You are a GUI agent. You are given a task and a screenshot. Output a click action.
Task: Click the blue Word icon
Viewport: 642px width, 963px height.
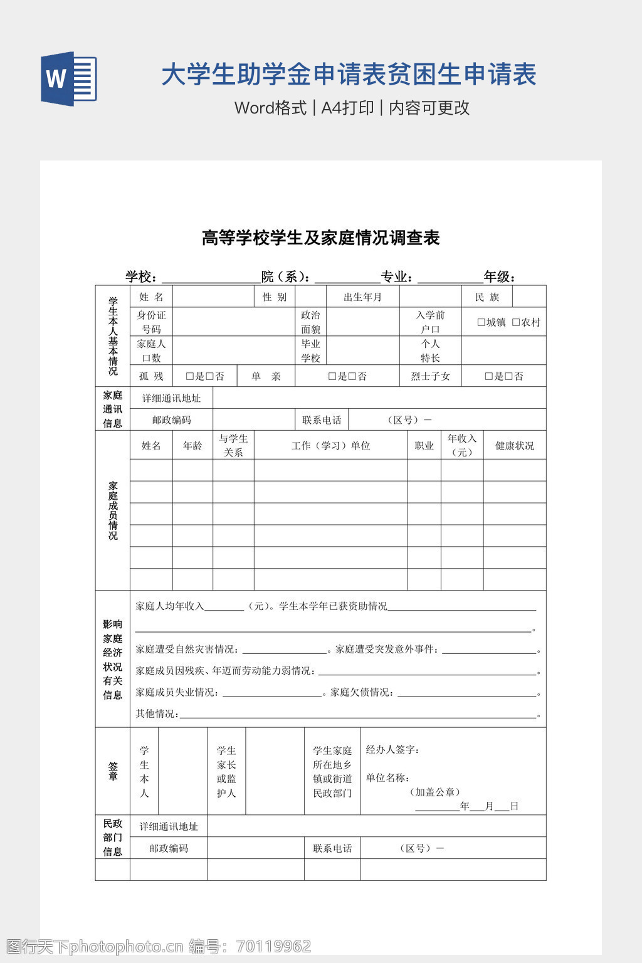(x=68, y=78)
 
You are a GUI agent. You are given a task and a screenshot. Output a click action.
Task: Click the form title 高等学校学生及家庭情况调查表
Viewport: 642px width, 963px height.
(x=320, y=238)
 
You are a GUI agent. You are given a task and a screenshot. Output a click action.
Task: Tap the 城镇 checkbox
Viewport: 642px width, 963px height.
(x=481, y=322)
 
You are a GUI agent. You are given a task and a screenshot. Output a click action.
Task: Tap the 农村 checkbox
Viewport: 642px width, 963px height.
(x=516, y=322)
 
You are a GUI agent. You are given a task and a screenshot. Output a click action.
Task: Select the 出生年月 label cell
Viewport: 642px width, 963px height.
(x=362, y=297)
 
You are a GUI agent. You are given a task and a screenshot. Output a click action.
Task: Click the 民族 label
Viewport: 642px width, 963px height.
(x=487, y=297)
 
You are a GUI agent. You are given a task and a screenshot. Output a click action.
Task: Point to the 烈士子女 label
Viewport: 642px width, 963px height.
(x=430, y=376)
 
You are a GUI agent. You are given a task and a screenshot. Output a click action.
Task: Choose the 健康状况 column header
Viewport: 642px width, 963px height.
(x=514, y=446)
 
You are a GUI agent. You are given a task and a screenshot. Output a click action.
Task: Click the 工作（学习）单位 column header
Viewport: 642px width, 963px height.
(x=330, y=446)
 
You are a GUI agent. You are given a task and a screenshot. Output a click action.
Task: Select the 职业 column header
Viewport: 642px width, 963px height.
(x=424, y=446)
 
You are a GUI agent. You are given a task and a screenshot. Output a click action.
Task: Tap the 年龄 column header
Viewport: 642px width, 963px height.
(x=192, y=446)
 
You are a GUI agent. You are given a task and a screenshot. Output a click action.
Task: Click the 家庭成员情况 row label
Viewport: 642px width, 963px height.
(x=113, y=510)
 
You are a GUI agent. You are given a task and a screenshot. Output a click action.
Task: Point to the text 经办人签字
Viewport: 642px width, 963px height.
(x=392, y=750)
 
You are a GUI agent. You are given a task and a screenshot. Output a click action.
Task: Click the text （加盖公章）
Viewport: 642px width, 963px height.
(x=435, y=792)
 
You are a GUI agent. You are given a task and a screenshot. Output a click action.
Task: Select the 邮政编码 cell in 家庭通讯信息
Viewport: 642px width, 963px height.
(x=171, y=420)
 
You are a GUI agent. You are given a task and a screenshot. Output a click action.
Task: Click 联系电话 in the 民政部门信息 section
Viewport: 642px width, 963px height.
(x=332, y=848)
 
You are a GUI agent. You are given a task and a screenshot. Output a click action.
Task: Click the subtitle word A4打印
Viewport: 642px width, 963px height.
(x=347, y=108)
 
